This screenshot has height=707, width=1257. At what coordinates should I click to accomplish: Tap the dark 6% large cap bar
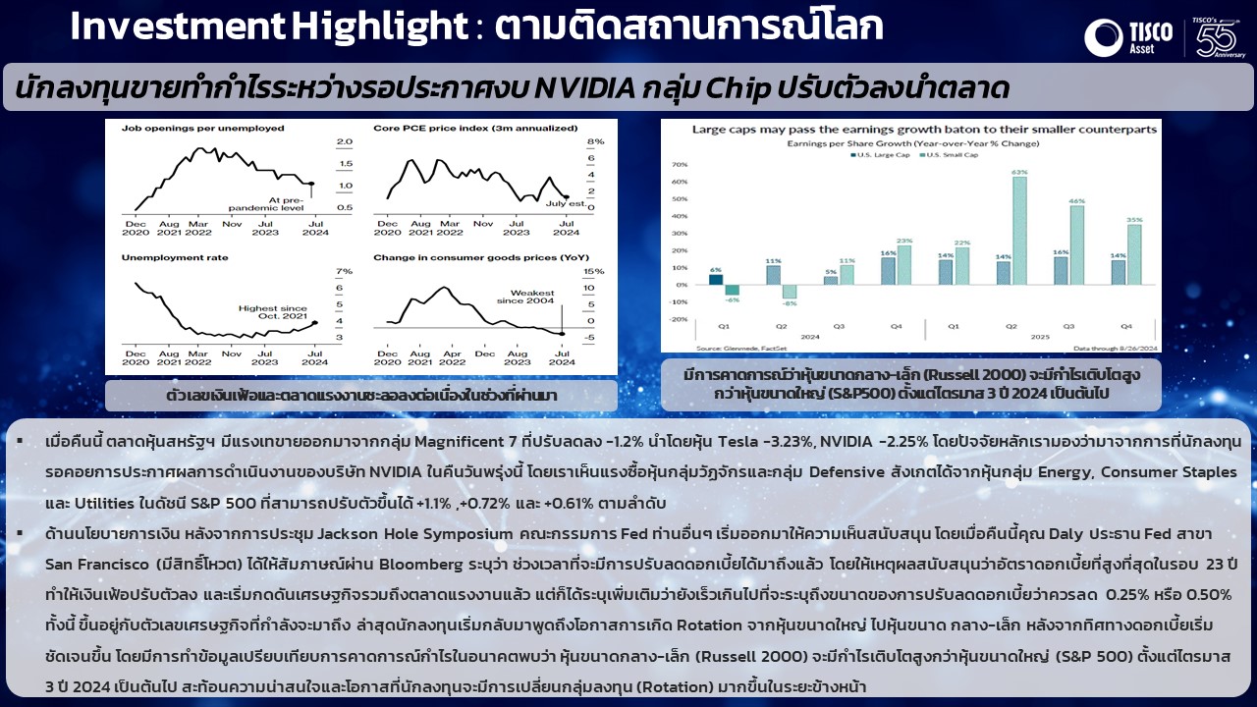tap(716, 280)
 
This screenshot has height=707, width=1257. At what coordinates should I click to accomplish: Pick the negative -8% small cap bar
tap(789, 292)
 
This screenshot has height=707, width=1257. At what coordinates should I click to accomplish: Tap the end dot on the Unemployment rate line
tap(314, 322)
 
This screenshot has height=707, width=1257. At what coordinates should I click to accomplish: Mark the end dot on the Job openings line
tap(311, 184)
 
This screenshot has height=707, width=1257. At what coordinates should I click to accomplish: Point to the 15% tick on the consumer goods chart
tap(594, 272)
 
